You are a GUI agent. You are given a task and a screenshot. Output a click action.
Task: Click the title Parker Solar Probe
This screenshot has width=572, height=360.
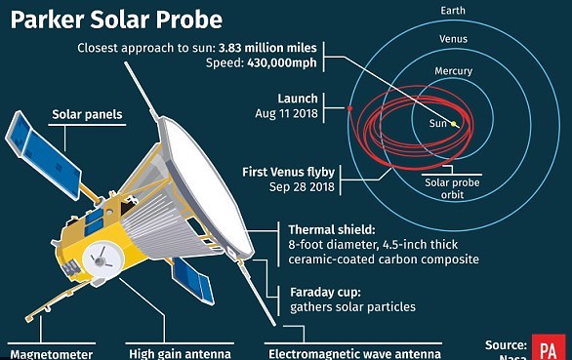pos(116,20)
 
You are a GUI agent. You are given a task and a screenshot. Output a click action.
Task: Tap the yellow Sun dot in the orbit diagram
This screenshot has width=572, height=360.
pos(454,124)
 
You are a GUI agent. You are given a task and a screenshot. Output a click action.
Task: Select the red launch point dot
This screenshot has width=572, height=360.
pos(349,108)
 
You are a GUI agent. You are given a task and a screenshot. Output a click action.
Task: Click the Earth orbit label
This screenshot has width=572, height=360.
pos(453,11)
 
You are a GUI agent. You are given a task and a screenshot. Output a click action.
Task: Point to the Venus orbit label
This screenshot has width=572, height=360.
pos(453,39)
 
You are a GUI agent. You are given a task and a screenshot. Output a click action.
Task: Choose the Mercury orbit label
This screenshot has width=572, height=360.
pos(454,71)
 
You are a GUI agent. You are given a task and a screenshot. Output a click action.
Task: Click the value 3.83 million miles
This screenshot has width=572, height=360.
pos(267,48)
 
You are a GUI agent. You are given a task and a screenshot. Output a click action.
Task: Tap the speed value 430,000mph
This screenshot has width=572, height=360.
pos(282,62)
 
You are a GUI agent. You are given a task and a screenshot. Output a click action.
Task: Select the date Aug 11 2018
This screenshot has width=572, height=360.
pos(286,113)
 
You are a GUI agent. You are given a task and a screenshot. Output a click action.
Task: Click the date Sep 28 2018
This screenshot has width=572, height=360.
pos(302,186)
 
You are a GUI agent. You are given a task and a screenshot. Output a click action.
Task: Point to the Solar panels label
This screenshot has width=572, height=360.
pos(87,114)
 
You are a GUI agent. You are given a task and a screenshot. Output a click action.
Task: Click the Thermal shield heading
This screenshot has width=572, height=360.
pos(332,230)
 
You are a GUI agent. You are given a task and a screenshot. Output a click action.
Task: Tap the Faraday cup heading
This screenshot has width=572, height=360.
pos(325,292)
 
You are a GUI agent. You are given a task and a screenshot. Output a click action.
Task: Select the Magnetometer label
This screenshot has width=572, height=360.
pos(52,354)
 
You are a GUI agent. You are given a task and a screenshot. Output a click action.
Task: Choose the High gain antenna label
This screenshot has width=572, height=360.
pos(180,354)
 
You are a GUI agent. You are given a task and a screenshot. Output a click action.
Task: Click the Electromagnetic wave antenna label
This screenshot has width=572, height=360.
pos(354,354)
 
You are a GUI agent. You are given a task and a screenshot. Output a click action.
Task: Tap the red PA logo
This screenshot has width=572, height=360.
pos(548,347)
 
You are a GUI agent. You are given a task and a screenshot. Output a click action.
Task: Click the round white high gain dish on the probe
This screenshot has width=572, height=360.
pos(102,260)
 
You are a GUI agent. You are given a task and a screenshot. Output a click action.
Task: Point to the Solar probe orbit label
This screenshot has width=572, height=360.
pos(452,188)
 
